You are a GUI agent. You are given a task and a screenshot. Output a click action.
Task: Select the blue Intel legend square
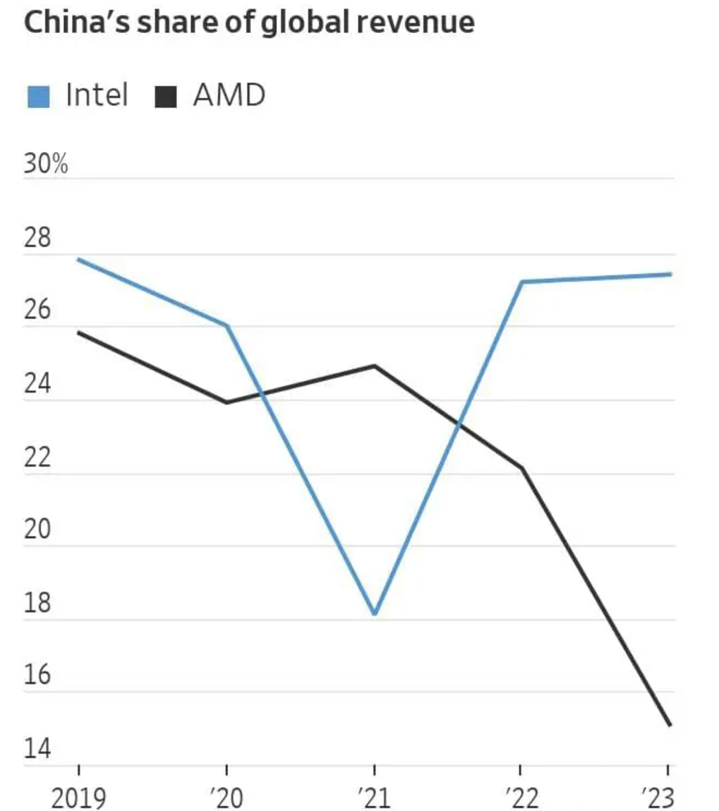tap(38, 96)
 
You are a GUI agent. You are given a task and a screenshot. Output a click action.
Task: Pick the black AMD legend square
tap(165, 96)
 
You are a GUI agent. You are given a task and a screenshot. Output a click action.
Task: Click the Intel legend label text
tap(97, 95)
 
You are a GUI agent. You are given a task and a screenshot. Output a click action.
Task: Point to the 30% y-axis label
tap(46, 164)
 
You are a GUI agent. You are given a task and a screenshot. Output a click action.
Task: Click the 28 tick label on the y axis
tap(37, 238)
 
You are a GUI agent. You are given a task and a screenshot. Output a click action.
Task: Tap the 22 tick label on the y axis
tap(37, 457)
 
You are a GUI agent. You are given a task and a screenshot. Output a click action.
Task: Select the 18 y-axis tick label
tap(37, 603)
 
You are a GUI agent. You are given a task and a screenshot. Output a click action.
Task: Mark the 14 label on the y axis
tap(37, 749)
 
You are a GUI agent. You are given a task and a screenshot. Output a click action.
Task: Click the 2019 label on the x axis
tap(78, 798)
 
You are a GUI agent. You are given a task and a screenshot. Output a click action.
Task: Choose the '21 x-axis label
tap(374, 798)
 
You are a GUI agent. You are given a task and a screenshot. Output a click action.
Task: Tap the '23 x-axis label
tap(658, 798)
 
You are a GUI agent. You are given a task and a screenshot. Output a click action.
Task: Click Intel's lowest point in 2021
tap(374, 613)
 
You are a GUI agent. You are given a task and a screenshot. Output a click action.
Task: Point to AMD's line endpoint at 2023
tap(669, 725)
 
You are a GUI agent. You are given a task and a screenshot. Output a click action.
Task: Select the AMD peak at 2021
tap(374, 366)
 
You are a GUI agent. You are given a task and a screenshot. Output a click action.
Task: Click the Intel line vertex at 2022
tap(521, 282)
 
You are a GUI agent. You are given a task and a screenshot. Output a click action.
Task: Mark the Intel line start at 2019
tap(79, 260)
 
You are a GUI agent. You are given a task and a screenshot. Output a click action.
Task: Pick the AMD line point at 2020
tap(226, 402)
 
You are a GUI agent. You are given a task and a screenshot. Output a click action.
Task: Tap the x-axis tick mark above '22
tap(520, 770)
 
